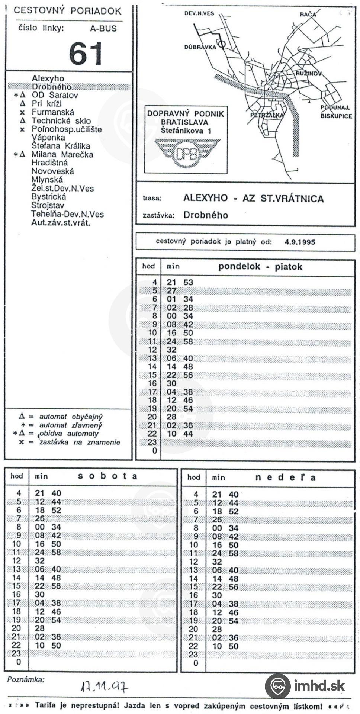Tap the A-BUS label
click(103, 29)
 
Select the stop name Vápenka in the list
click(48, 138)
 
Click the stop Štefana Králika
click(61, 146)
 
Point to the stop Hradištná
click(49, 163)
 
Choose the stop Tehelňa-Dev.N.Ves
click(67, 214)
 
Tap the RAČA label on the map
click(308, 15)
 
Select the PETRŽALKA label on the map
click(267, 115)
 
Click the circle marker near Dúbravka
click(222, 44)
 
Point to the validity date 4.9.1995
click(300, 242)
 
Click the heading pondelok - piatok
click(260, 267)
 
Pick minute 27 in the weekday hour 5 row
click(171, 291)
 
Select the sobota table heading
click(107, 476)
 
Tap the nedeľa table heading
click(285, 477)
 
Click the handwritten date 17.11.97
click(105, 686)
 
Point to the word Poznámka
click(26, 680)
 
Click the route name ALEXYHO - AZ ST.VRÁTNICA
click(253, 198)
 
